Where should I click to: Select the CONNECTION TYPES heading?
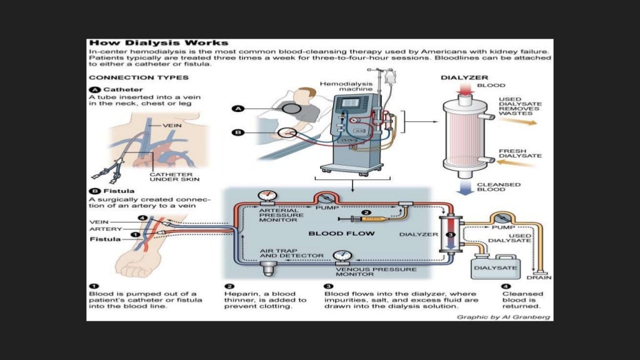tap(139, 78)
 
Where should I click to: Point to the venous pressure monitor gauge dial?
tap(341, 256)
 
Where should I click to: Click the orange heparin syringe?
tap(375, 219)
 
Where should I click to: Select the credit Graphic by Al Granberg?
tap(504, 317)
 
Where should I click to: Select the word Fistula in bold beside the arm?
tap(104, 239)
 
